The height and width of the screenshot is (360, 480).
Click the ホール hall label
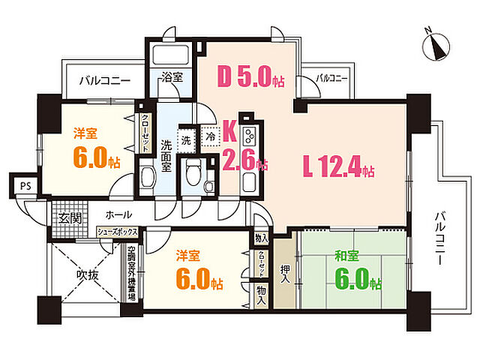[119, 214]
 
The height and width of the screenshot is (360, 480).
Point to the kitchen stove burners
[250, 136]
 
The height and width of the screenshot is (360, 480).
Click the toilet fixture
[193, 173]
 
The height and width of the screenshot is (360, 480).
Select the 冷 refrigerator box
[211, 137]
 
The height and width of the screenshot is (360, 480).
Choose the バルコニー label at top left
[104, 80]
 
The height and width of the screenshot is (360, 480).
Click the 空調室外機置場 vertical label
[131, 274]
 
